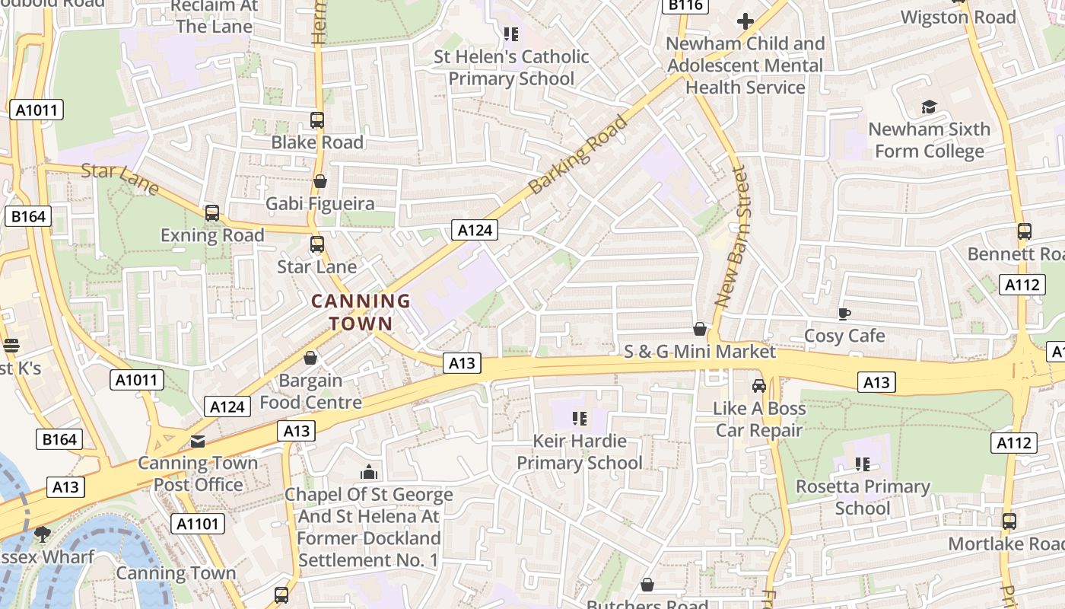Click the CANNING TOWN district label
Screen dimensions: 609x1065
[x=361, y=312]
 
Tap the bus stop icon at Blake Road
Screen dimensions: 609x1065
[x=317, y=120]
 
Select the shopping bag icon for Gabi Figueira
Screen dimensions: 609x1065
[x=320, y=182]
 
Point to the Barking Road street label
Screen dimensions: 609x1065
[x=579, y=155]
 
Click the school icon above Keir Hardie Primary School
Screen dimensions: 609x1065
[x=580, y=419]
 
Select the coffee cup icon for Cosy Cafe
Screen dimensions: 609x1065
[x=844, y=314]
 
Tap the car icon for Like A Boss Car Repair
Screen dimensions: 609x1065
[x=758, y=386]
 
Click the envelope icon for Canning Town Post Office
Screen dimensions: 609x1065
[x=198, y=441]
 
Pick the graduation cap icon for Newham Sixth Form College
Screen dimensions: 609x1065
[x=929, y=107]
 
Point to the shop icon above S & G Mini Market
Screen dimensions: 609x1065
[x=700, y=329]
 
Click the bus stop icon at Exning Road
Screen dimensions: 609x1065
[x=212, y=213]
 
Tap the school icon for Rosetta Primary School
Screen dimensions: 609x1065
[x=863, y=464]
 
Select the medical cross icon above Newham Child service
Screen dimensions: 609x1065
[x=745, y=21]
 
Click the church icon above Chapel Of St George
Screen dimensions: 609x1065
[x=369, y=472]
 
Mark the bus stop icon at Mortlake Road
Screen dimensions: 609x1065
[x=1009, y=522]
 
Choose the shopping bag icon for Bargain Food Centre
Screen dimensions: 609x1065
[x=310, y=358]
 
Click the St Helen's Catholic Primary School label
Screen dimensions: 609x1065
[x=511, y=68]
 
